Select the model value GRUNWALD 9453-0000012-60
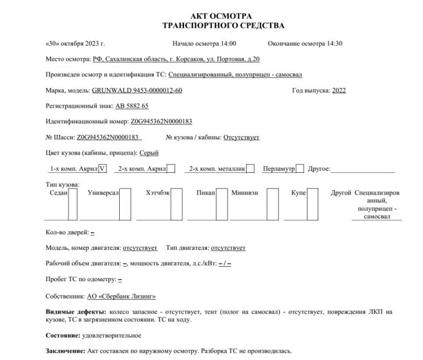click(x=137, y=90)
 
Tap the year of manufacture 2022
click(x=339, y=90)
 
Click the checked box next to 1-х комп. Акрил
click(x=102, y=169)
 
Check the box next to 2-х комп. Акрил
click(x=171, y=169)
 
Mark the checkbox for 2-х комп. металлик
click(x=250, y=169)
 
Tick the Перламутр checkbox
click(x=300, y=169)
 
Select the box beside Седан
click(x=73, y=205)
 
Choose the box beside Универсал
click(x=125, y=205)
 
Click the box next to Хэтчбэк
click(x=176, y=205)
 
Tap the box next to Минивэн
click(x=273, y=205)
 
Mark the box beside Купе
click(x=312, y=205)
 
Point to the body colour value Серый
click(x=149, y=153)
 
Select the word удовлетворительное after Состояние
click(x=113, y=335)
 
